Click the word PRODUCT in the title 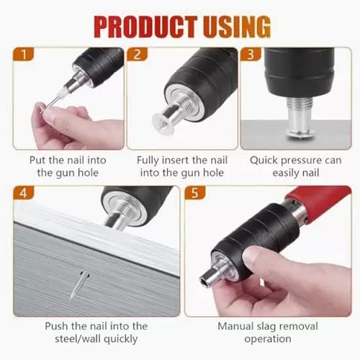coord(145,27)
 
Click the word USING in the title coord(237,27)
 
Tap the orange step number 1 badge coord(24,54)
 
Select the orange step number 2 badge coord(137,54)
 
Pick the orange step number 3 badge coord(251,54)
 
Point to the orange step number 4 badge coord(24,193)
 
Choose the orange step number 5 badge coord(195,193)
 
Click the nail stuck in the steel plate coord(79,285)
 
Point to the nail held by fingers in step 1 coord(51,103)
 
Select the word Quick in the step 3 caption coord(264,161)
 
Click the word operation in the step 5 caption coord(268,339)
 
